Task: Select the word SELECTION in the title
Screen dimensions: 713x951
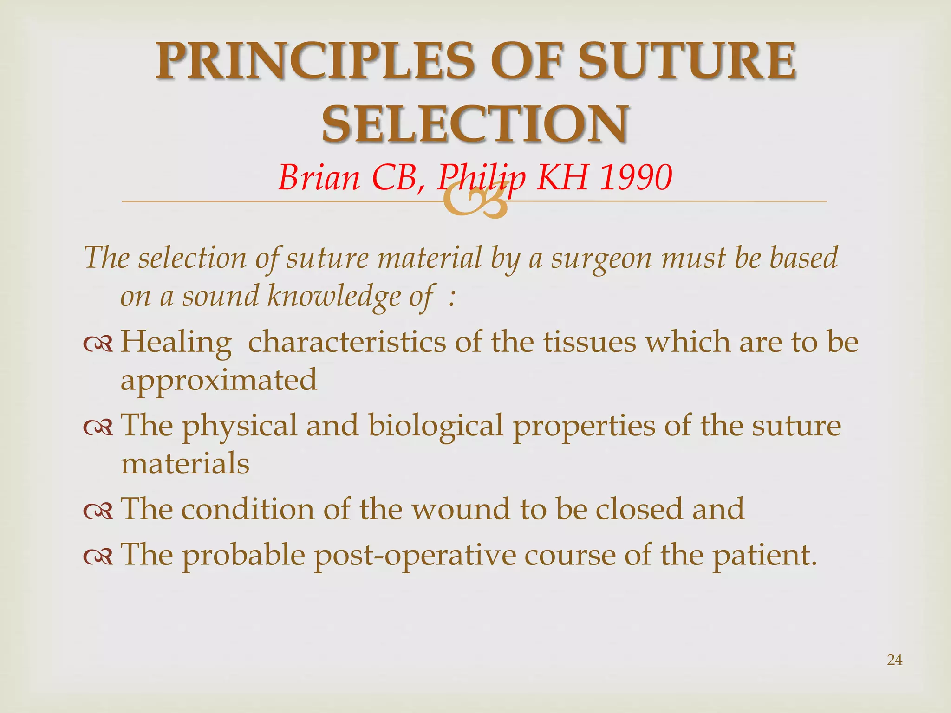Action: click(x=475, y=124)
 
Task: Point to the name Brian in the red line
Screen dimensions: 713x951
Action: click(x=319, y=177)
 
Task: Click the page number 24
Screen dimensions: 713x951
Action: click(x=894, y=660)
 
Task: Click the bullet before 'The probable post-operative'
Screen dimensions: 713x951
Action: click(x=98, y=556)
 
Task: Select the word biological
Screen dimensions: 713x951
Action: click(x=436, y=426)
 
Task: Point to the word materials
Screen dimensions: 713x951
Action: click(x=185, y=463)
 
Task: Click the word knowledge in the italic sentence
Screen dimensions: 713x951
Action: click(x=334, y=297)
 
